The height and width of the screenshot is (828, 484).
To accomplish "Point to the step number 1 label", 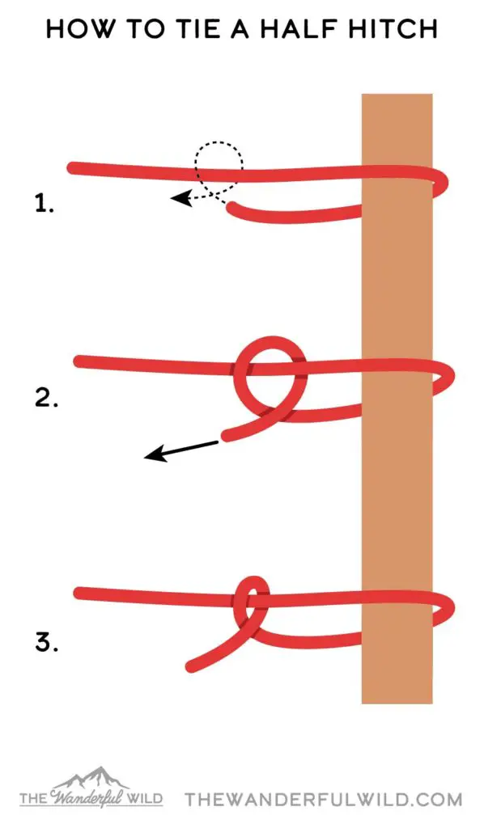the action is (45, 203).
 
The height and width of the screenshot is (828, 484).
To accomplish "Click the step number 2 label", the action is (46, 398).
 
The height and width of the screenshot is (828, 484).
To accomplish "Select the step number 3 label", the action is (46, 642).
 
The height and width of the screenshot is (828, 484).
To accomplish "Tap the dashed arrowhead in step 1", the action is (180, 199).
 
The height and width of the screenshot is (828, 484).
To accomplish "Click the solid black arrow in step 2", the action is (180, 450).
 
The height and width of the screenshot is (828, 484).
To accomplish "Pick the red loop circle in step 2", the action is (270, 342).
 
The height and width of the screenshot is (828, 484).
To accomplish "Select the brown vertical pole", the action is (397, 399).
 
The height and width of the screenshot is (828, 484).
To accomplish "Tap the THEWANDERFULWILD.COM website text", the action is (324, 799).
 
